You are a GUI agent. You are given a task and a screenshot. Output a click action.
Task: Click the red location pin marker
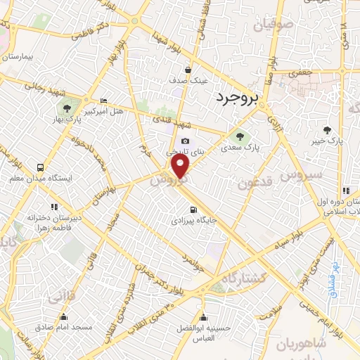tap(181, 167)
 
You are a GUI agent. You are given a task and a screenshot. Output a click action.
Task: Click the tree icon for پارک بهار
tap(67, 108)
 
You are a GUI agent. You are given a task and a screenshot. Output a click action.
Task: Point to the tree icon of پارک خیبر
tap(327, 129)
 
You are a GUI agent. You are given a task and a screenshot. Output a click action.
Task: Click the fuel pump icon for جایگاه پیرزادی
tap(193, 210)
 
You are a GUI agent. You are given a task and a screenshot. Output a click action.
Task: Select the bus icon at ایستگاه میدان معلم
tap(40, 168)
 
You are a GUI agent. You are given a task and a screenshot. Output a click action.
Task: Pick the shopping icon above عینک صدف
tap(188, 70)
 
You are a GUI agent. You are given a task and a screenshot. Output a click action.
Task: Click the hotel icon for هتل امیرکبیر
tap(104, 101)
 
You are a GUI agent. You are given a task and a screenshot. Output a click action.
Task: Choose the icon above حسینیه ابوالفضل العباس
tap(203, 315)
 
